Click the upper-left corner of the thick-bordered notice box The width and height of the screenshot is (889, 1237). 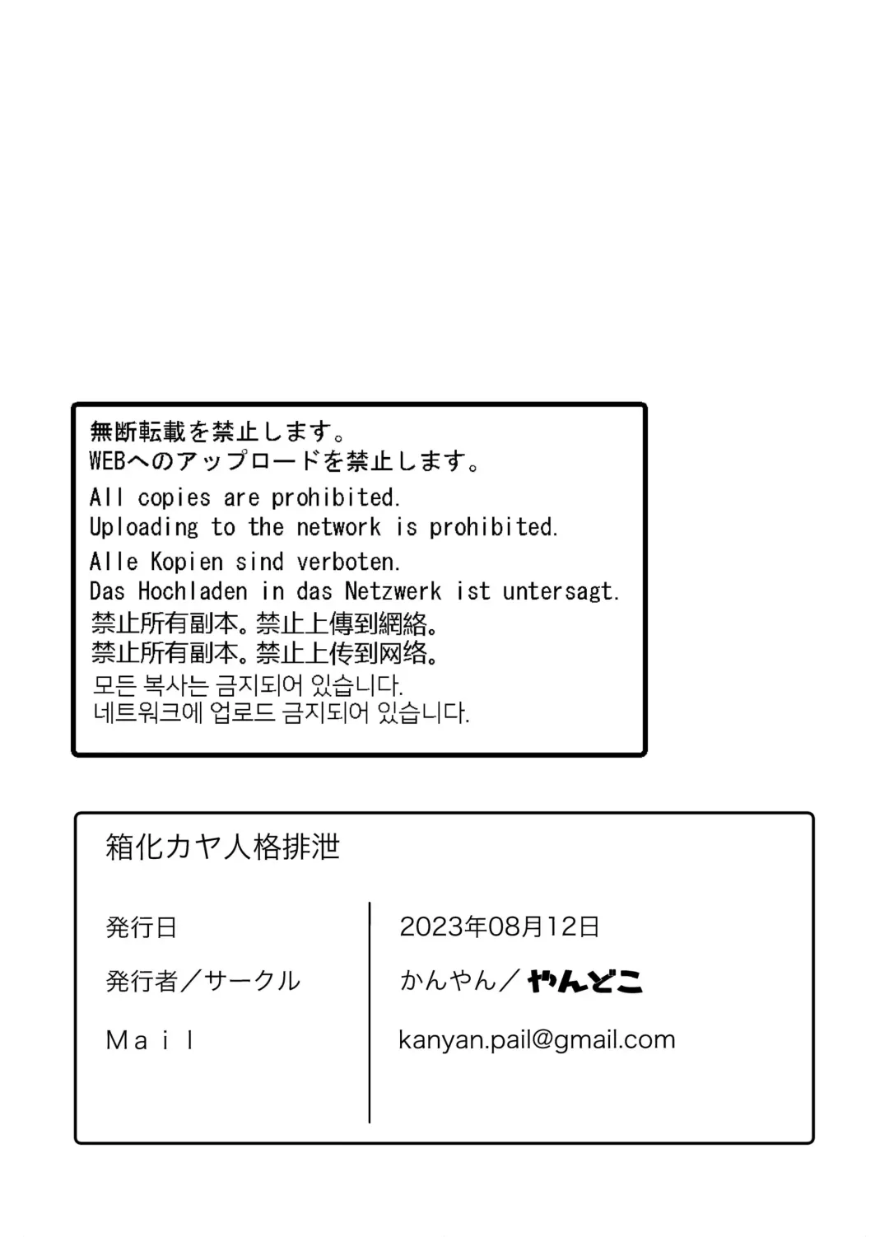point(73,405)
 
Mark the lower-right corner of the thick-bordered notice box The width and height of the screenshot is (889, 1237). point(645,754)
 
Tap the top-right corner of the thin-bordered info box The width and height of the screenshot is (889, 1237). point(813,813)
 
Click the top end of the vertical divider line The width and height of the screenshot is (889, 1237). point(369,903)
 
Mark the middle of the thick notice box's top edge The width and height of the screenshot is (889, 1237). point(359,405)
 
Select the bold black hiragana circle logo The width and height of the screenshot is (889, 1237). point(585,982)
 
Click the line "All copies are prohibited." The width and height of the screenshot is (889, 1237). point(244,497)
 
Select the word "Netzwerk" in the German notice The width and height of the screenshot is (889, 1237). point(393,592)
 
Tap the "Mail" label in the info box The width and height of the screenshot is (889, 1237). point(150,1041)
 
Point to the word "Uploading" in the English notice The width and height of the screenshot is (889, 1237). point(143,528)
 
